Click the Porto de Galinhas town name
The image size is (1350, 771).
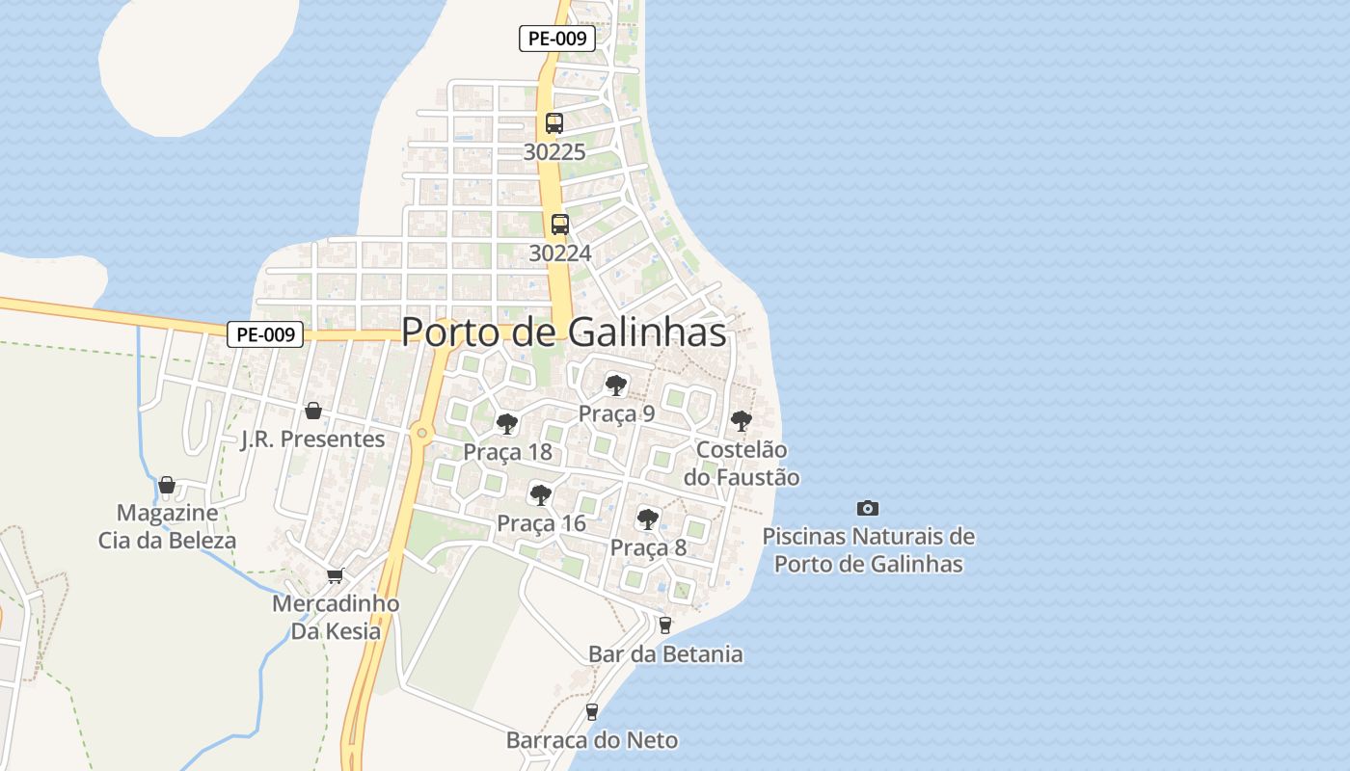tap(563, 332)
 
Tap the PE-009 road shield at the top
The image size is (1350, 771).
tap(556, 39)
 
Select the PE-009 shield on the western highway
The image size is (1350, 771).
tap(265, 334)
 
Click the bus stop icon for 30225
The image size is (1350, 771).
tap(553, 123)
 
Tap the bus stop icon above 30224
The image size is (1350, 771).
tap(559, 225)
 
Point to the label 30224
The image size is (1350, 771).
tap(559, 253)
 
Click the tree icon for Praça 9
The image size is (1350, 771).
tap(615, 385)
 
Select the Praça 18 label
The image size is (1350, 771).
tap(507, 452)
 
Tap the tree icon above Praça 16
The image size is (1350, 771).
tap(541, 495)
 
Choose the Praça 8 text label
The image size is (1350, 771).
tap(648, 548)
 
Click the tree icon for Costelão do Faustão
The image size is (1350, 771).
tap(741, 420)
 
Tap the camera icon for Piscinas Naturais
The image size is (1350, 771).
tap(867, 508)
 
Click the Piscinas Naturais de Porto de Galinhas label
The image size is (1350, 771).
tap(868, 550)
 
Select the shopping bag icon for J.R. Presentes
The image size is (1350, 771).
tap(312, 412)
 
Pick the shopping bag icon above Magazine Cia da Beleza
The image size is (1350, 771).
tap(167, 484)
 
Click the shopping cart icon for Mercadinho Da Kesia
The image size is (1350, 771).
tap(335, 575)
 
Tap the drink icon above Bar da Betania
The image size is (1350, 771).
tap(664, 625)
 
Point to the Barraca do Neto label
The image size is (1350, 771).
tap(592, 741)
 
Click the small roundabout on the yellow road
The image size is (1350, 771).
tap(421, 433)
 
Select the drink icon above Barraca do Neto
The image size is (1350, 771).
tap(592, 712)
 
